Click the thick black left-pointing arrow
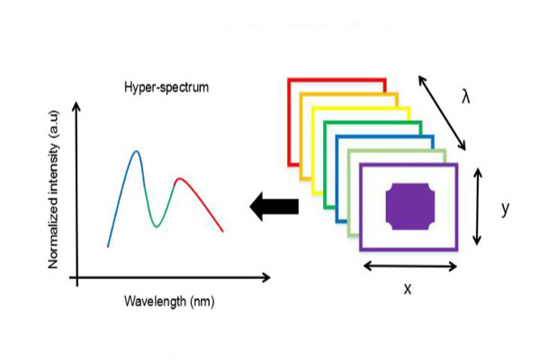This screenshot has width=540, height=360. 274,208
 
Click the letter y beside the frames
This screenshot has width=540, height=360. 507,209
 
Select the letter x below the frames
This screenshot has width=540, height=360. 407,290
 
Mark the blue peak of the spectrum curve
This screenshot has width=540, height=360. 137,152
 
